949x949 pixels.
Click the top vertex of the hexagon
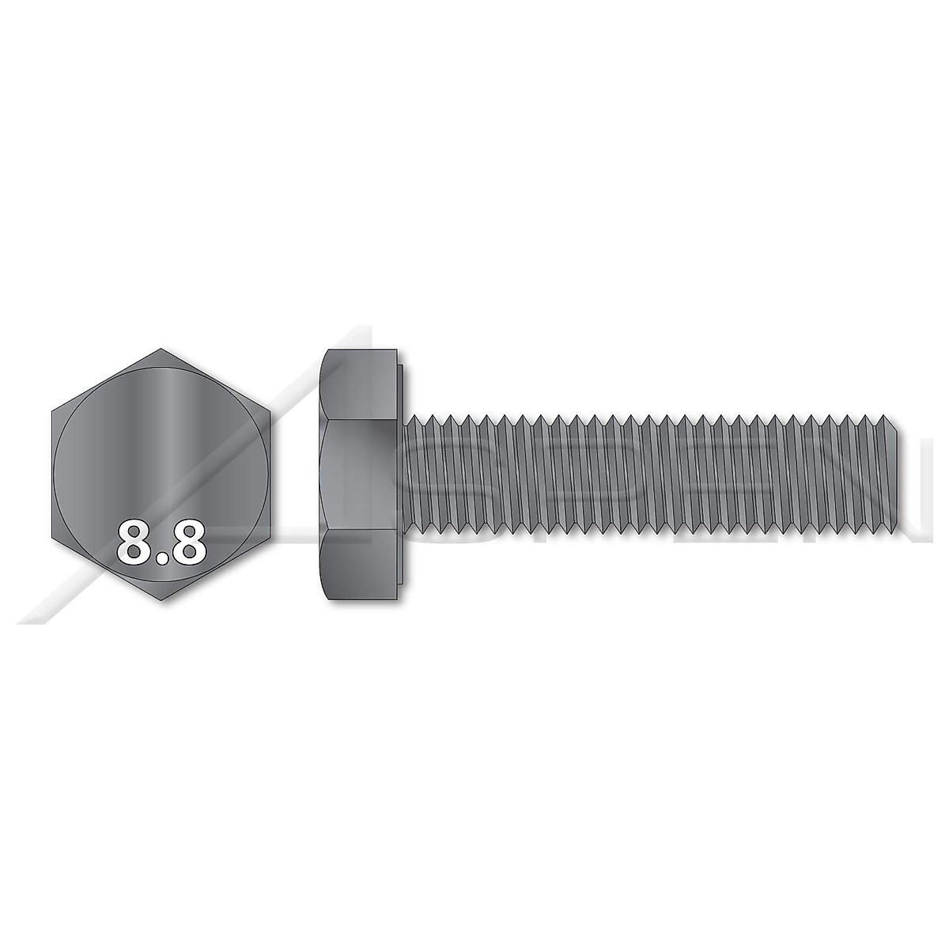[161, 348]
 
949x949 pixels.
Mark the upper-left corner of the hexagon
[53, 410]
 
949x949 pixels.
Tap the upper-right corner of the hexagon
[270, 410]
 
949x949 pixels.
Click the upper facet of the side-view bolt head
[360, 384]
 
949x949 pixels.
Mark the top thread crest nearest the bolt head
[412, 418]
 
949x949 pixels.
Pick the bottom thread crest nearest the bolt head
[412, 527]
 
